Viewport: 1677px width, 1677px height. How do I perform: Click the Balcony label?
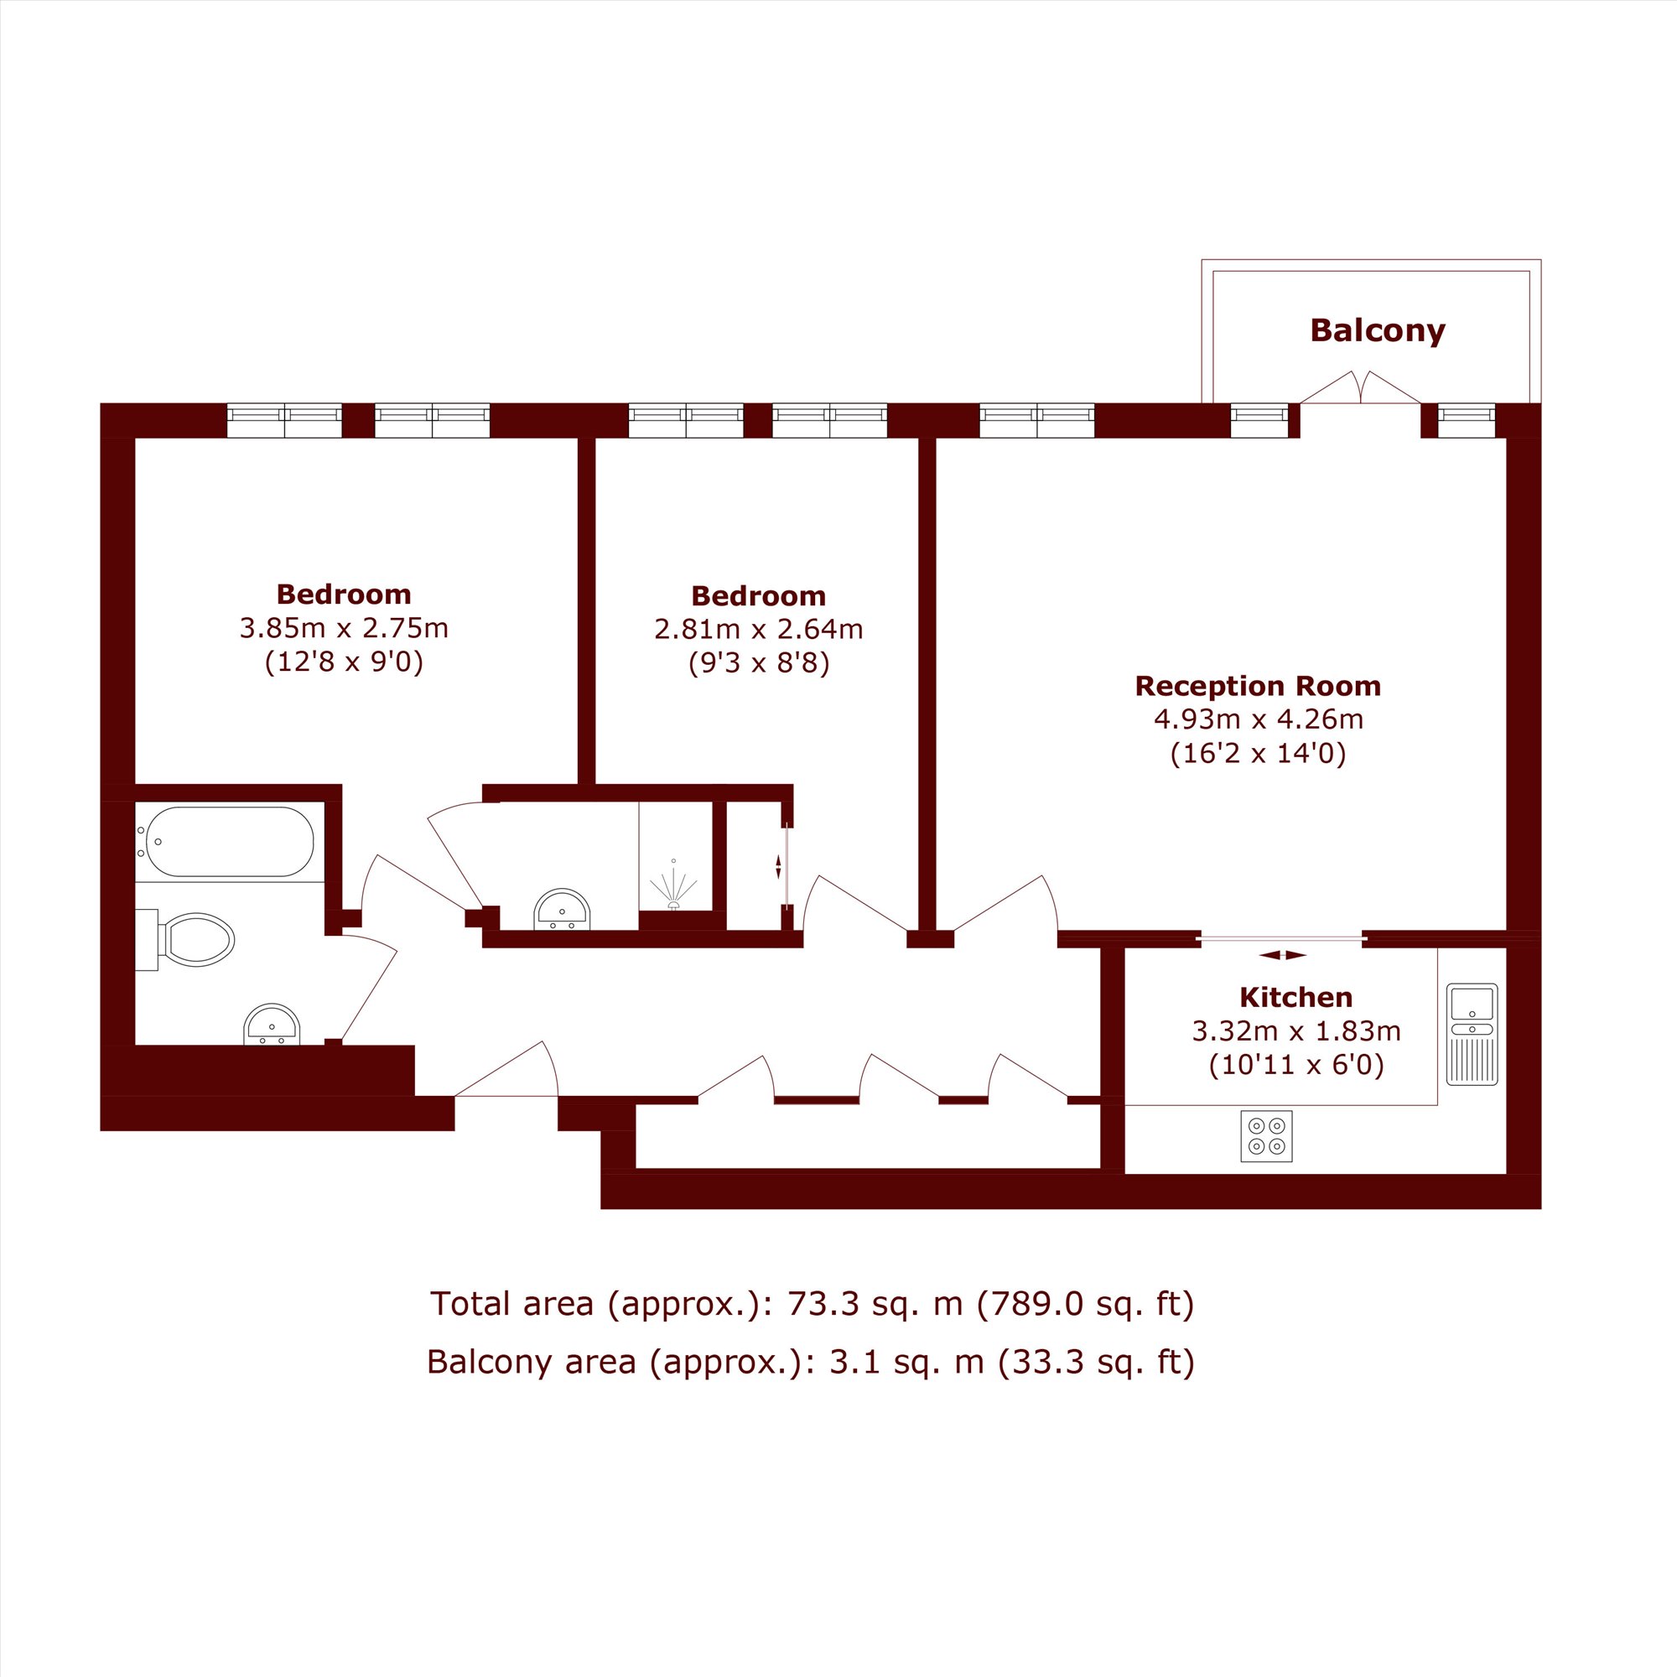tap(1378, 330)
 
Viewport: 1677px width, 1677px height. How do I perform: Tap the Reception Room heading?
tap(1258, 686)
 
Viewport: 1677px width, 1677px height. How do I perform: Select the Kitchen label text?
tap(1296, 996)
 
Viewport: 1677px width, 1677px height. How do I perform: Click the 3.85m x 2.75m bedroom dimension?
tap(344, 627)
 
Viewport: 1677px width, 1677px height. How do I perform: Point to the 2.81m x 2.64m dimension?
tap(759, 630)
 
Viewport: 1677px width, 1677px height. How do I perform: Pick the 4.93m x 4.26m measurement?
tap(1258, 719)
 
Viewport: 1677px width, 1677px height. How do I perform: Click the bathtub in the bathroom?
tap(229, 841)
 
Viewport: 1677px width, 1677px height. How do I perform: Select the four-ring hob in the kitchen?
tap(1266, 1136)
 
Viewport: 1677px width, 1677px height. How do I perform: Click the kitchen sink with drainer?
tap(1472, 1034)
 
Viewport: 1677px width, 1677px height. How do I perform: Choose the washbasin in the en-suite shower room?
tap(563, 909)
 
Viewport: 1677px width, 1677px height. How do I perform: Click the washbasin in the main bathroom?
tap(273, 1025)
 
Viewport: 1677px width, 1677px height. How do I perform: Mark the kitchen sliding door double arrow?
tap(1283, 955)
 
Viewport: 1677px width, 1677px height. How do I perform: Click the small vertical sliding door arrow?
tap(778, 866)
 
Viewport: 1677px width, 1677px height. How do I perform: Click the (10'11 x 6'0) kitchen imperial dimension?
tap(1296, 1064)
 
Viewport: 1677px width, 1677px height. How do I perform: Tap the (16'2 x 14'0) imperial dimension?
tap(1258, 753)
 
